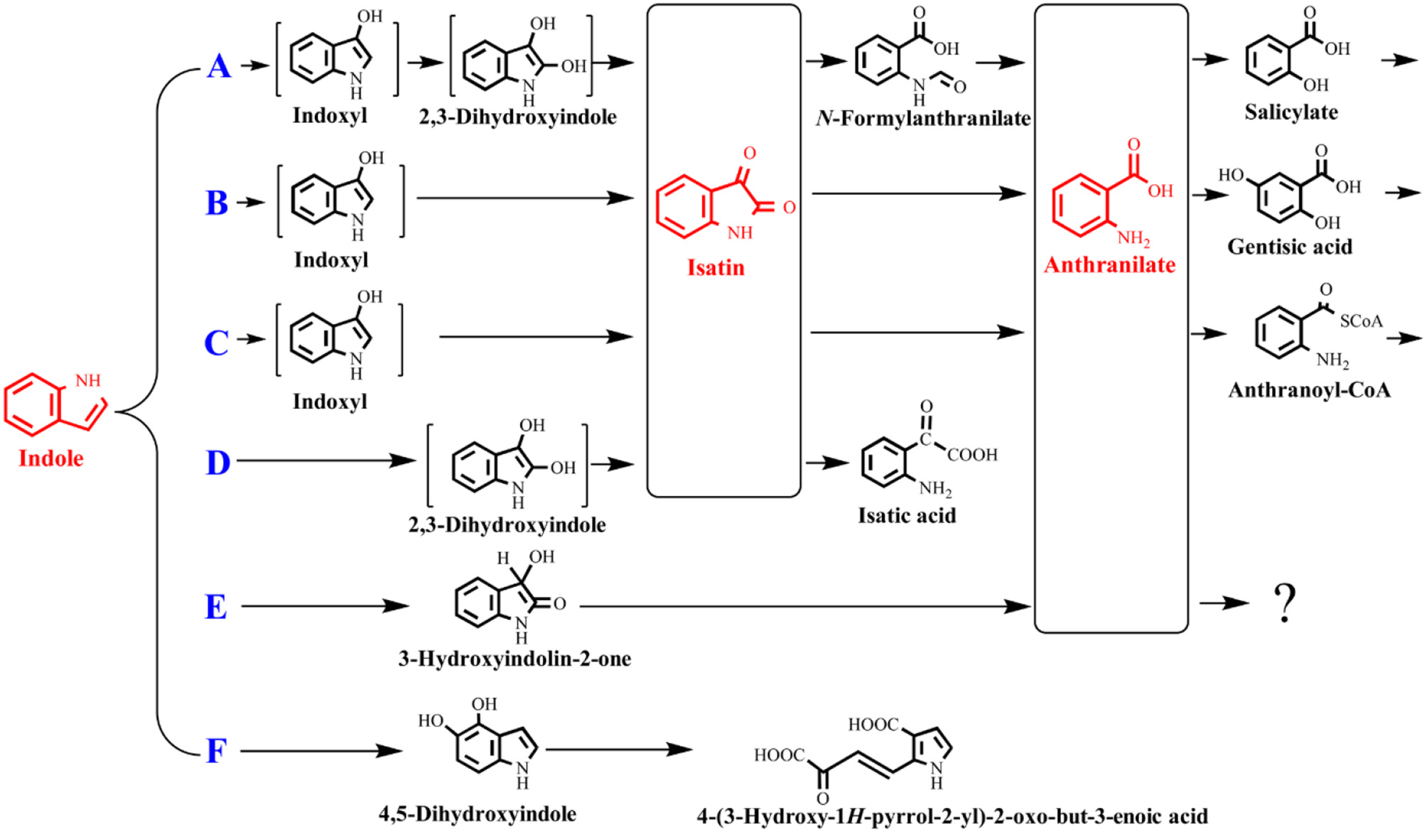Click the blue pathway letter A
tap(219, 67)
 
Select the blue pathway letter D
tap(217, 463)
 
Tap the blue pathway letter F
tap(216, 751)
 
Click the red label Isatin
tap(716, 268)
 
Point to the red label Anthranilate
tap(1109, 265)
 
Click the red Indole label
tap(51, 458)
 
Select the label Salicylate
tap(1291, 112)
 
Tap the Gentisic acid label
tap(1289, 247)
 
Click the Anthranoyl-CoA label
tap(1309, 390)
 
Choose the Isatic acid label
tap(907, 515)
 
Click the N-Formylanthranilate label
tap(923, 118)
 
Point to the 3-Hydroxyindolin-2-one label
tap(515, 659)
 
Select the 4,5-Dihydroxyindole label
tap(478, 814)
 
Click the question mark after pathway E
tap(1285, 603)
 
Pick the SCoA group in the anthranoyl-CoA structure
tap(1361, 321)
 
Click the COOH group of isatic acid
tap(972, 455)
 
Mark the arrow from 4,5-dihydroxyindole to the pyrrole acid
tap(618, 749)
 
